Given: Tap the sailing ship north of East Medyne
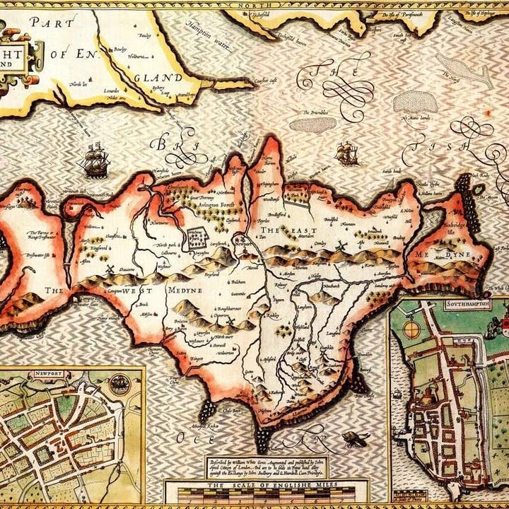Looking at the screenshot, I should (x=347, y=153).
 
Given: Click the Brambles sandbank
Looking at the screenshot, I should (x=312, y=124).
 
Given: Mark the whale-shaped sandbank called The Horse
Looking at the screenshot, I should (x=464, y=71).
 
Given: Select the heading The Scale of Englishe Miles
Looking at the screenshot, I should (x=266, y=485).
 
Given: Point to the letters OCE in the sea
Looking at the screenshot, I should (x=194, y=438).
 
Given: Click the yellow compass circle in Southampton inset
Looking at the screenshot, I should (x=411, y=329).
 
